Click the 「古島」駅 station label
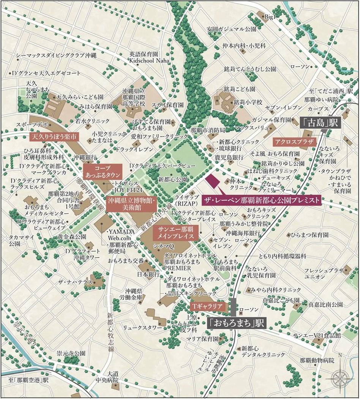(320, 123)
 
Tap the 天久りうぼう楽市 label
(54, 136)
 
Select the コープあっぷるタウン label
(103, 172)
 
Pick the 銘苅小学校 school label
(248, 102)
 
